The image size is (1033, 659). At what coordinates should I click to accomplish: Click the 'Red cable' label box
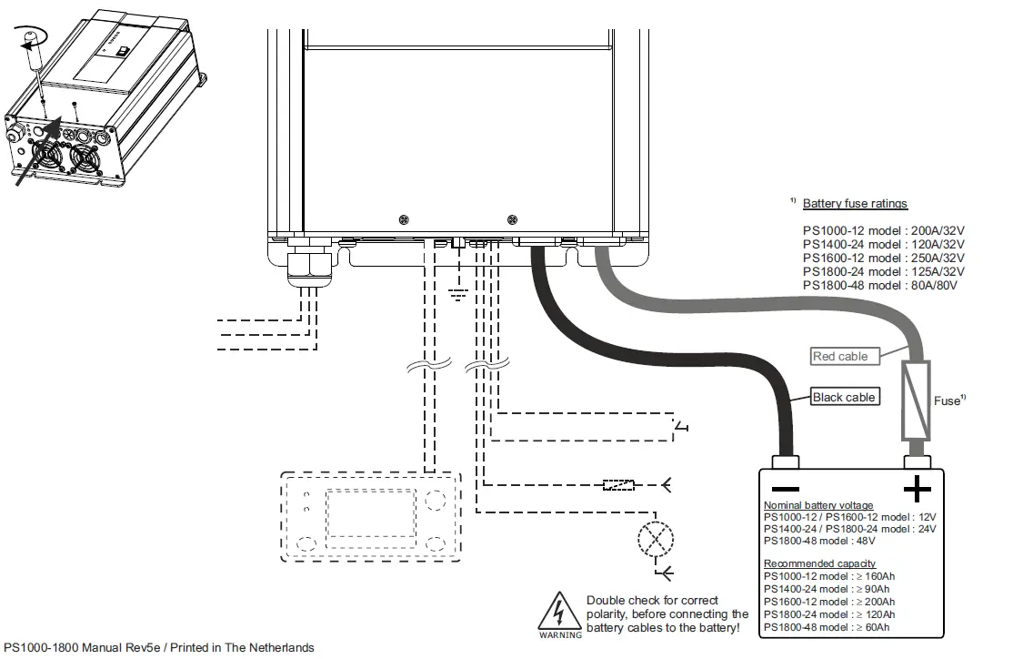coord(845,356)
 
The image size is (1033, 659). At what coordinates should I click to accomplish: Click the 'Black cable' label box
coord(845,397)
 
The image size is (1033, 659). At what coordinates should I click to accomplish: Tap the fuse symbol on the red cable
coord(915,400)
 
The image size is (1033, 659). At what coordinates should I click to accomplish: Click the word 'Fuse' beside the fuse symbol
coord(947,401)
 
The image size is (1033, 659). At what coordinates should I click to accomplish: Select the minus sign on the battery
coord(785,489)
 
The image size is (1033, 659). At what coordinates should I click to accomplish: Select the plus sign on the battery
coord(917,490)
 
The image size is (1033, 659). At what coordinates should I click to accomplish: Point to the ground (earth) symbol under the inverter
coord(458,294)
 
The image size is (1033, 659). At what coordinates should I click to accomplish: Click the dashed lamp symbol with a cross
coord(657,540)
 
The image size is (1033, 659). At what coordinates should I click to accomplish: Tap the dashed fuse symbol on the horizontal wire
coord(618,485)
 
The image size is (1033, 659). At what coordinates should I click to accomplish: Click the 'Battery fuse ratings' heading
coord(855,204)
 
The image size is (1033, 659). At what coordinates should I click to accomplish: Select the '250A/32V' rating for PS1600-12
coord(938,258)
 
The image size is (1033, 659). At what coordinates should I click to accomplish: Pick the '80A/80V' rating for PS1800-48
coord(934,286)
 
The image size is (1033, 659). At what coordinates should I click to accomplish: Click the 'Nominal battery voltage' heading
coord(818,505)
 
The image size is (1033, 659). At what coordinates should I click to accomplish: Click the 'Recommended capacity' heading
coord(819,563)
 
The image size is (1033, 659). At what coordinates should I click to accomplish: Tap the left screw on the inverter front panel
coord(404,219)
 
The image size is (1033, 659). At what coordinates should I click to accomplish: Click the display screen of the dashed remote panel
coord(371,513)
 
